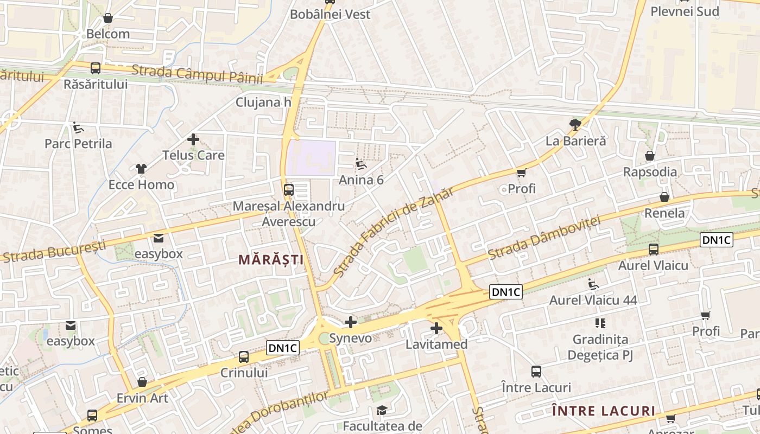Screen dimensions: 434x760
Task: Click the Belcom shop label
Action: click(x=108, y=34)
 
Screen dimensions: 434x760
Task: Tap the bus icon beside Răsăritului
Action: click(x=96, y=68)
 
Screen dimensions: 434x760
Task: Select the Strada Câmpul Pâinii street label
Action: click(x=197, y=74)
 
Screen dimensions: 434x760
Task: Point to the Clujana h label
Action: click(x=263, y=102)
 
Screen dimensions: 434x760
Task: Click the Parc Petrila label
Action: click(x=78, y=144)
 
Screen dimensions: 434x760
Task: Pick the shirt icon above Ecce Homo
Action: click(x=141, y=169)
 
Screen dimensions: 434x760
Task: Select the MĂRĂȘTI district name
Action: click(x=271, y=260)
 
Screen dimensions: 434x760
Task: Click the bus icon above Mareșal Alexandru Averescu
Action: click(x=289, y=190)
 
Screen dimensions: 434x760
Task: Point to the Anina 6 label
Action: click(x=361, y=180)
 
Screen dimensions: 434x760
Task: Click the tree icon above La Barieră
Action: click(x=575, y=125)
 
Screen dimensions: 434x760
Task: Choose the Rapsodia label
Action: click(x=650, y=172)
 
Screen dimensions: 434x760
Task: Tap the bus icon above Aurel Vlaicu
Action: click(x=653, y=250)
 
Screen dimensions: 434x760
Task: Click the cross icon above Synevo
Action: click(x=351, y=322)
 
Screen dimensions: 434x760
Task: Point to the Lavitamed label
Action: click(x=436, y=344)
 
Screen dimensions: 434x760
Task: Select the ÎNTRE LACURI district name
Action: click(x=604, y=411)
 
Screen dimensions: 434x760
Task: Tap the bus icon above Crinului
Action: click(x=244, y=357)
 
